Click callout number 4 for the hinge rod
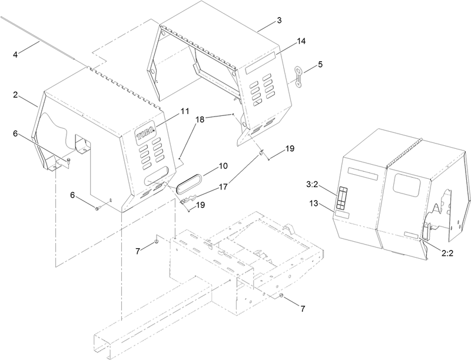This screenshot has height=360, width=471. click(15, 55)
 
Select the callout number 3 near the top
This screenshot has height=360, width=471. click(279, 21)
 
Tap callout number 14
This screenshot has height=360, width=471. click(301, 41)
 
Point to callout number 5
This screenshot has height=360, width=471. click(320, 64)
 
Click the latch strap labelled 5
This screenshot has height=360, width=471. click(298, 77)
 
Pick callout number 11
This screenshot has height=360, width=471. click(185, 111)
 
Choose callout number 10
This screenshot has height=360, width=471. click(223, 166)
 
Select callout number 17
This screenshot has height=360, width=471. click(223, 187)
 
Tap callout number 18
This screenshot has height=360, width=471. click(200, 119)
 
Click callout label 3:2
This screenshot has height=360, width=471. click(312, 185)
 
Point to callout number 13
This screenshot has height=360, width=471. click(313, 204)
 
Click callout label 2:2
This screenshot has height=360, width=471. click(447, 253)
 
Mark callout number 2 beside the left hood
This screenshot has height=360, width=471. click(15, 95)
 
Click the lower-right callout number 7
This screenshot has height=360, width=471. click(303, 308)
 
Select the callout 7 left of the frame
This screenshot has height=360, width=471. click(138, 251)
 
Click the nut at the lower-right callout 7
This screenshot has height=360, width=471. click(281, 296)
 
